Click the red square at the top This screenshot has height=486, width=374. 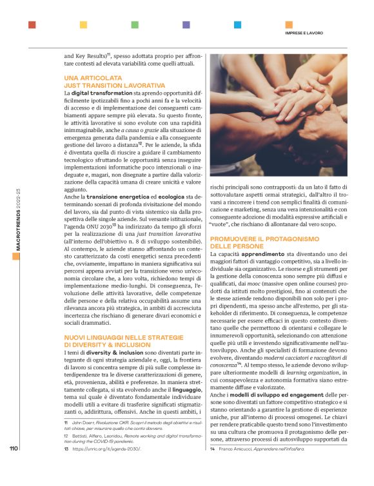[32, 25]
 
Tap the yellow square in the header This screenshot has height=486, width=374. [83, 25]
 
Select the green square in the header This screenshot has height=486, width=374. [135, 25]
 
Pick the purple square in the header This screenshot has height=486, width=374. [186, 25]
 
